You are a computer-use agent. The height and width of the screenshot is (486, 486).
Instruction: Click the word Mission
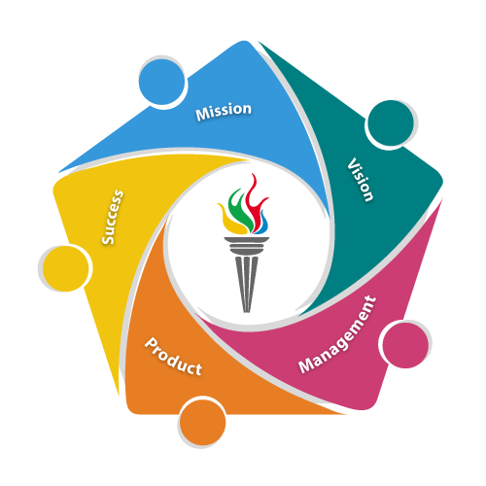click(224, 112)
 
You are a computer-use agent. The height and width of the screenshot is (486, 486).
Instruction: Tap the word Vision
click(361, 180)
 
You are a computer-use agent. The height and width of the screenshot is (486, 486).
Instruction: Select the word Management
click(337, 334)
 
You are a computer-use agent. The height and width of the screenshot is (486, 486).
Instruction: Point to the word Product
click(173, 357)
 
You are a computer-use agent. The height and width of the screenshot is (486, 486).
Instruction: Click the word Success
click(113, 217)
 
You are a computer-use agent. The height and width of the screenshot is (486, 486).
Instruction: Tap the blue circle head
click(161, 82)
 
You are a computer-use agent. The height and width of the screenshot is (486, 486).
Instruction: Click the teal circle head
click(391, 123)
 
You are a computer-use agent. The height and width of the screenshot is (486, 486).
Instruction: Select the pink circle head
click(405, 345)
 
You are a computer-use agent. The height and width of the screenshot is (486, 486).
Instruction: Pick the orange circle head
click(202, 423)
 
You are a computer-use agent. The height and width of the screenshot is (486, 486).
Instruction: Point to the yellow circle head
click(65, 268)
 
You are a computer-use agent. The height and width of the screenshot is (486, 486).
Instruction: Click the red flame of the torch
click(256, 202)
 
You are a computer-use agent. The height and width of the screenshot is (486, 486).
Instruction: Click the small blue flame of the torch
click(263, 224)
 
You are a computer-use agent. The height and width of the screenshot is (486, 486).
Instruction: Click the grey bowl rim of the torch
click(247, 240)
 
